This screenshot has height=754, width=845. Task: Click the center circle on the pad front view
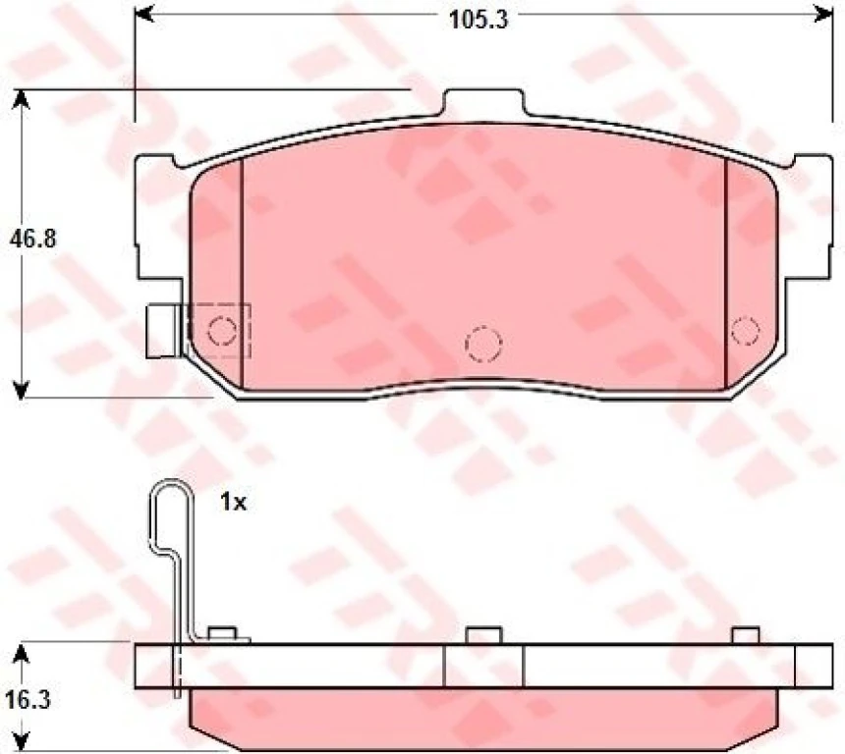pyautogui.click(x=483, y=342)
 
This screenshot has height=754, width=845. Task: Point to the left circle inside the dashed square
pyautogui.click(x=223, y=331)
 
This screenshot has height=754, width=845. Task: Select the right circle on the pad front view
pyautogui.click(x=745, y=327)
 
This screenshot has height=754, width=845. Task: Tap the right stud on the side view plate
pyautogui.click(x=746, y=635)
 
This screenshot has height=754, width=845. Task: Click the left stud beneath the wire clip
pyautogui.click(x=222, y=634)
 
